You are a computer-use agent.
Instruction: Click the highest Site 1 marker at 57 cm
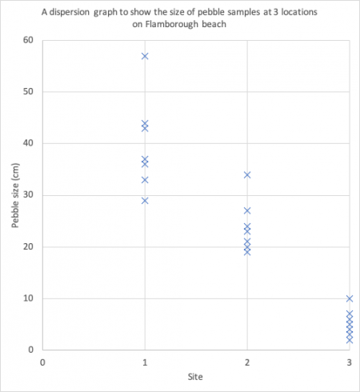[145, 56]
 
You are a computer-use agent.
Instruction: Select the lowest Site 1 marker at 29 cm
[145, 200]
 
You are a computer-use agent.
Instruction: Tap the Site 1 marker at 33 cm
[145, 179]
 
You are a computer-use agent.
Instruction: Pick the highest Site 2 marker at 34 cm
[247, 174]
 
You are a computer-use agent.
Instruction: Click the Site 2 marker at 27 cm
[247, 210]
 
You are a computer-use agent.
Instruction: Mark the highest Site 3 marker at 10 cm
[349, 298]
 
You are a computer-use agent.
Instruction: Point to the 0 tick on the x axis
[42, 362]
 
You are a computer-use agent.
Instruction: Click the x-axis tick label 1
[145, 362]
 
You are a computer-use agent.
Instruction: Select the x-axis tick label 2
[247, 362]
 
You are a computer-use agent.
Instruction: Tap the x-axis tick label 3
[349, 362]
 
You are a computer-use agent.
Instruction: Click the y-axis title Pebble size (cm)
[15, 195]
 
